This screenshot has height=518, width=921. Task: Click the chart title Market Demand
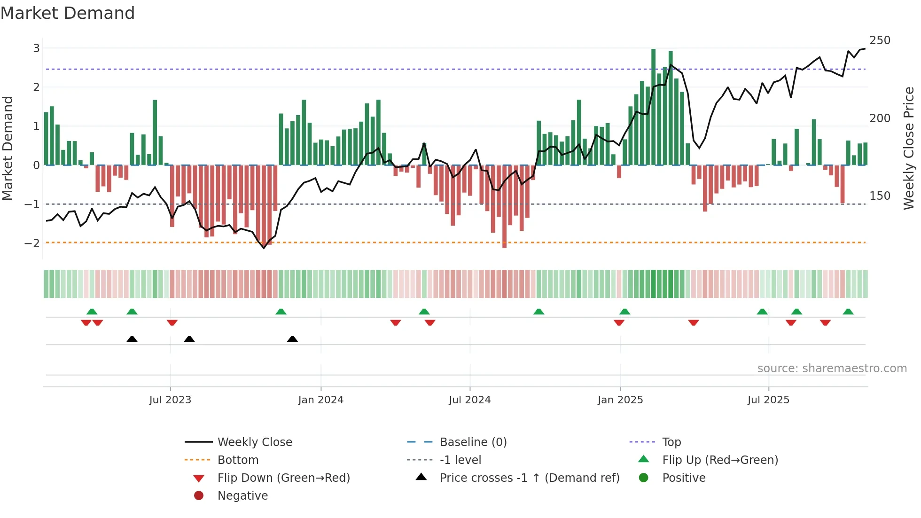68,13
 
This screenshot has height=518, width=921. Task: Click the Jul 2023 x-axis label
170,400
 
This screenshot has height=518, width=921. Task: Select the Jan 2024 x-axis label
320,400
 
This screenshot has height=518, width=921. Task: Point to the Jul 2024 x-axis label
469,400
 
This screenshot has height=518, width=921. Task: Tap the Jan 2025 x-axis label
620,400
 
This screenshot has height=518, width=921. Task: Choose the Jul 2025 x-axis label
768,400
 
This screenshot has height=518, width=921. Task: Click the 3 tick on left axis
36,48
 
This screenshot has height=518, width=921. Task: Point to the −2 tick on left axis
32,243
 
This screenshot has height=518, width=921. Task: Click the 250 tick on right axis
880,40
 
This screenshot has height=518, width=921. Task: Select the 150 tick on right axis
880,196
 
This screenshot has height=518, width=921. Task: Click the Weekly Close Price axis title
909,148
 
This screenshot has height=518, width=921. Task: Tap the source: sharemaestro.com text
832,369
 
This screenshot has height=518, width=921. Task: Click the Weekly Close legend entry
254,442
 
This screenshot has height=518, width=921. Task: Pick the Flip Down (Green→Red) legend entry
283,478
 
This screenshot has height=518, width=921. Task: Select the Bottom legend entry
238,460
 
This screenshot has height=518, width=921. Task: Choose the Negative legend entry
242,496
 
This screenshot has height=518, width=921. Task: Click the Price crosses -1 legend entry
529,478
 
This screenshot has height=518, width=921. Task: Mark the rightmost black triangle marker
292,339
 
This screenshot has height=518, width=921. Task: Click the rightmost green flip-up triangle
848,312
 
